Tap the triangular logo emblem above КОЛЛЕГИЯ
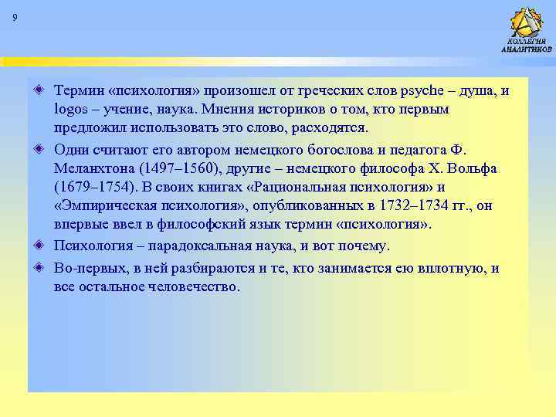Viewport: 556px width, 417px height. point(527,21)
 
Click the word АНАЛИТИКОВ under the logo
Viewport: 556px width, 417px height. point(527,49)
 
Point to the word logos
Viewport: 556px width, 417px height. point(73,110)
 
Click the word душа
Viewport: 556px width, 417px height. point(480,91)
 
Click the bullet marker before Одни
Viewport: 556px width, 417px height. point(39,149)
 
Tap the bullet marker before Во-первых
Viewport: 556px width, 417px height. point(39,269)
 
